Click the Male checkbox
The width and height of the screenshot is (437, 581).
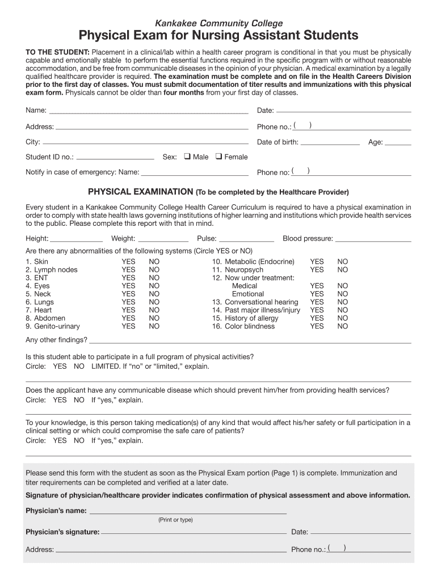[187, 157]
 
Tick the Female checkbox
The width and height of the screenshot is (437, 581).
[218, 157]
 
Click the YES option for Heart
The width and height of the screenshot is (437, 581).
[128, 310]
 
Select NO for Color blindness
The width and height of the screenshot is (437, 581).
[342, 326]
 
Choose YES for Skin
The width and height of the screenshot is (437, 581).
[128, 262]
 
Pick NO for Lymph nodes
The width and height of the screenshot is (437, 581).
[154, 270]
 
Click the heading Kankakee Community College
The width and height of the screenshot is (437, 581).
[218, 23]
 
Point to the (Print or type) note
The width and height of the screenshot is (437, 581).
[175, 520]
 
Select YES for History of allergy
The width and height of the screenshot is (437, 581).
[317, 318]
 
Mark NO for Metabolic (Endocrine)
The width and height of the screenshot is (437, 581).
[342, 262]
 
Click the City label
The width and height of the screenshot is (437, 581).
[33, 142]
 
